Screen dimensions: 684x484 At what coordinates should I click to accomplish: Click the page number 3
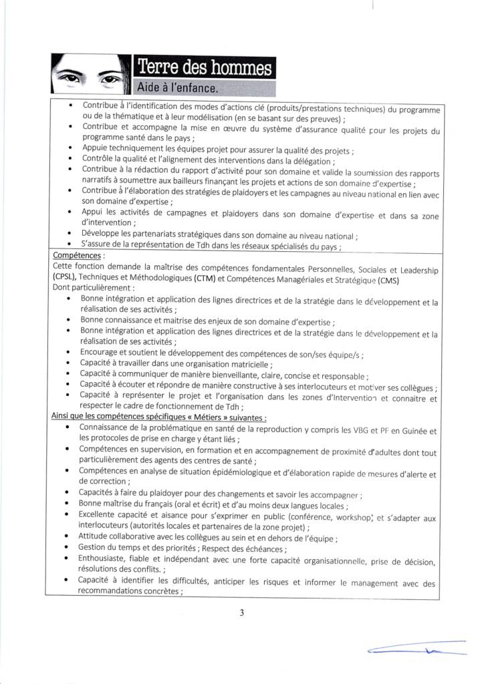pos(241,614)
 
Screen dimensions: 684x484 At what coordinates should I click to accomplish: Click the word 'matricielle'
pos(244,365)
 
